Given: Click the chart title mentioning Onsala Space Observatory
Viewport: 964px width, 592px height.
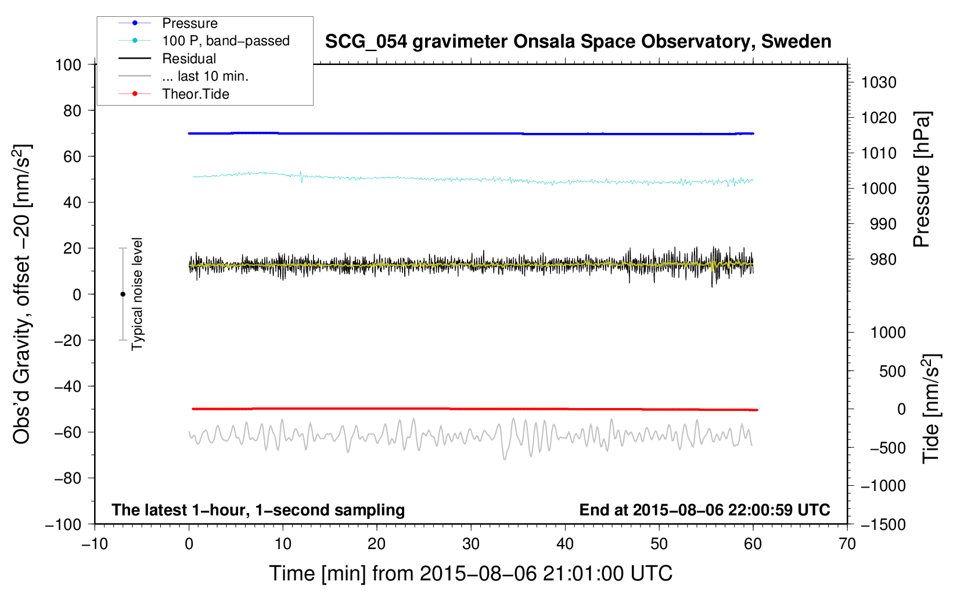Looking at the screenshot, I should [578, 42].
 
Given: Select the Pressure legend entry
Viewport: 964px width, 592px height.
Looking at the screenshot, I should [189, 23].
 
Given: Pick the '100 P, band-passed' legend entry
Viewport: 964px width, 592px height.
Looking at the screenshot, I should [225, 41].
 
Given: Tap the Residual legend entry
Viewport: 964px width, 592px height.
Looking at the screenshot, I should [189, 59].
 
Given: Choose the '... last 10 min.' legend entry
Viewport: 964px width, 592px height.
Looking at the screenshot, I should [205, 76].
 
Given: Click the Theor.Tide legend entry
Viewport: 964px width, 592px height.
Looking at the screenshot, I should [195, 94].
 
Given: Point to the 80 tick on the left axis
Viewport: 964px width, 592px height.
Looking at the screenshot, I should [72, 110].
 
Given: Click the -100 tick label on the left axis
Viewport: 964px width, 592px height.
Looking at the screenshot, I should [63, 524].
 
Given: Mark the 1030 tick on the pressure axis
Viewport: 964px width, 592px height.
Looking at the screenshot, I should [879, 82].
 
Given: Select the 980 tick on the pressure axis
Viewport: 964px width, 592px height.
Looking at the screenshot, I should [883, 259].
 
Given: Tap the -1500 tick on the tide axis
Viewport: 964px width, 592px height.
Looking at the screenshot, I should [883, 524].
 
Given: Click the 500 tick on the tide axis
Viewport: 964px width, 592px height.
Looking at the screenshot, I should [892, 371].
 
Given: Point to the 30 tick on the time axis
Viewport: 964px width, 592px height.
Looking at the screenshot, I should [471, 544].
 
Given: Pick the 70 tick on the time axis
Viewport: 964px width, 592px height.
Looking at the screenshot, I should [847, 544].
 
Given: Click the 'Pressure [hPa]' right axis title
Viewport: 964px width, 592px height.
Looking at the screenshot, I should [922, 179].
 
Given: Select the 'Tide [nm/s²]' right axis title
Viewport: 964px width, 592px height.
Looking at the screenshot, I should [931, 408].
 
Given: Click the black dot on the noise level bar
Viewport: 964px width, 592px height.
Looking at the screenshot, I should [123, 294].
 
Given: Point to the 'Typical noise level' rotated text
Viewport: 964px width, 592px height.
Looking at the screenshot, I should [137, 294].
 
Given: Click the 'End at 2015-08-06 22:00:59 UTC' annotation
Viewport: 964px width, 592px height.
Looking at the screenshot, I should [704, 510].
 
